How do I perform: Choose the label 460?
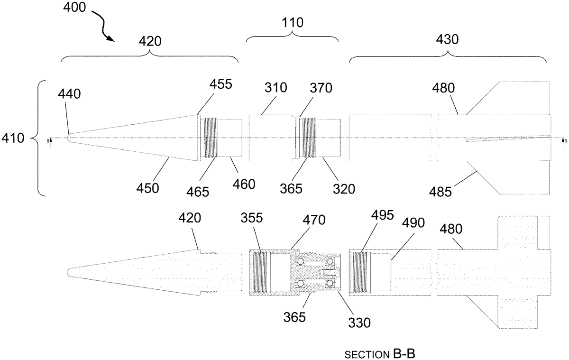click(243, 183)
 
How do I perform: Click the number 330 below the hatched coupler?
click(358, 323)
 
